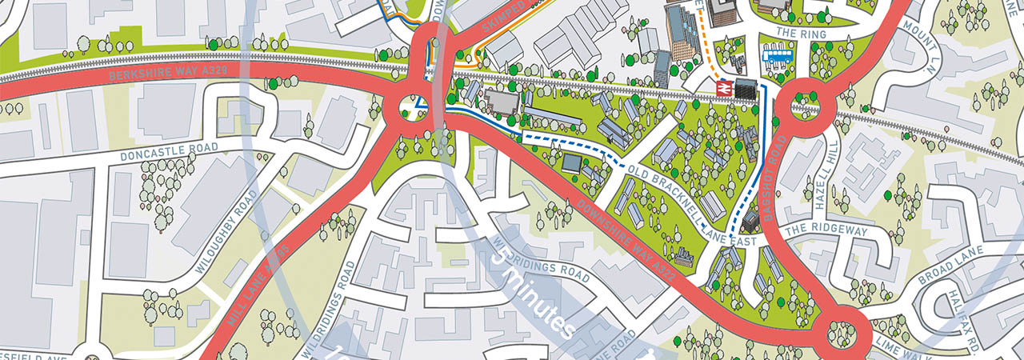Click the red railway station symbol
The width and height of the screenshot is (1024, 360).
pyautogui.click(x=723, y=88)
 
